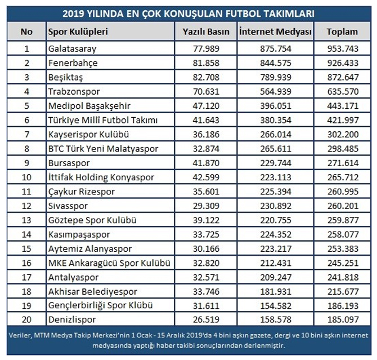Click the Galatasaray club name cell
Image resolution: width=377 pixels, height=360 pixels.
pos(72,48)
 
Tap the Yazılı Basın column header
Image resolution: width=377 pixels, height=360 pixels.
pos(207,32)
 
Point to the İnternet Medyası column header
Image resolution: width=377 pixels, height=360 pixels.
pos(275,32)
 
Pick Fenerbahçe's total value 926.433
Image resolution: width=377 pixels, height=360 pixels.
pos(342,62)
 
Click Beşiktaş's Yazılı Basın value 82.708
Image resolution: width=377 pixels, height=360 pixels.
pos(207,76)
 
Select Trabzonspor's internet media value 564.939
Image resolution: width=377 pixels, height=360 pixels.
pos(275,91)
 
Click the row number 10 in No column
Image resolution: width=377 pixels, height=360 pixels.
pos(26,177)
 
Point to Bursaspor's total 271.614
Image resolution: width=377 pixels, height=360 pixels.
pos(342,163)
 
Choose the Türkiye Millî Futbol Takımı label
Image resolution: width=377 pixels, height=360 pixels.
pos(102,119)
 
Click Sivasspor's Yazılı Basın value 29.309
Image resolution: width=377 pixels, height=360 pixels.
pos(207,206)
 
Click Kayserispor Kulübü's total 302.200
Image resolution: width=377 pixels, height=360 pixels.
pos(342,134)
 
